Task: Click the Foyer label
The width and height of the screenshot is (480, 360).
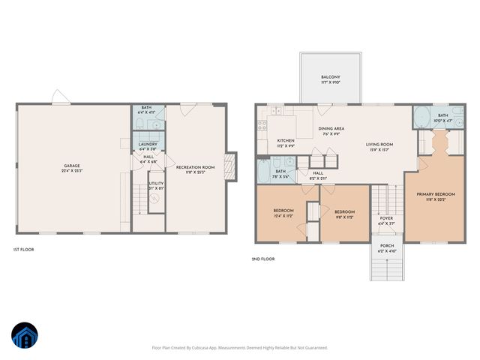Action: (x=386, y=220)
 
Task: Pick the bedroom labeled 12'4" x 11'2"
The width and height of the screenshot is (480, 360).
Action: (x=283, y=212)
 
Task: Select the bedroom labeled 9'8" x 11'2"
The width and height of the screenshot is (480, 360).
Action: (x=344, y=214)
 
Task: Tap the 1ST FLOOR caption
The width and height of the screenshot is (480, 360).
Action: (x=23, y=249)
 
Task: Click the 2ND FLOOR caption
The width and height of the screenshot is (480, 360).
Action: (x=263, y=259)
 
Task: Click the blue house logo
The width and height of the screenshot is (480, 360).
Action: (x=25, y=336)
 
